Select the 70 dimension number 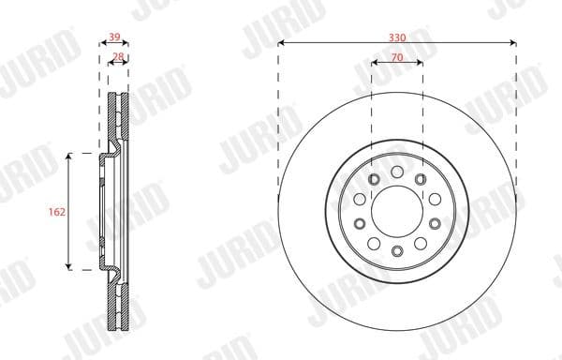click(x=397, y=56)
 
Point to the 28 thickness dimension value click(x=118, y=57)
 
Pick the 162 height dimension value click(x=55, y=213)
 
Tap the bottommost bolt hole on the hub click(x=397, y=251)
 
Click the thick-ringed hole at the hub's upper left click(x=374, y=180)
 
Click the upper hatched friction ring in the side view click(x=119, y=117)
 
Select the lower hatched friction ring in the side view click(x=119, y=305)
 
